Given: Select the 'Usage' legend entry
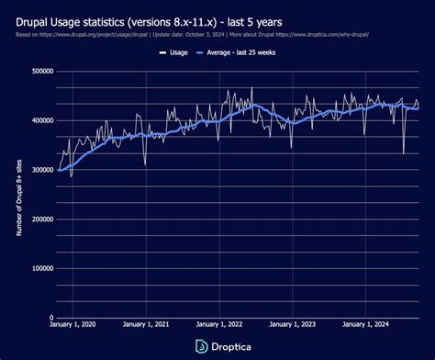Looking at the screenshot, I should (176, 52).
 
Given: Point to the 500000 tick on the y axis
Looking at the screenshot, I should (39, 72).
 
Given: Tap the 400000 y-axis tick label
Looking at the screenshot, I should (39, 121).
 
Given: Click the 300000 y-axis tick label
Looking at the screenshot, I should (39, 170).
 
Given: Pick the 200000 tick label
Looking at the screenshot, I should (39, 219).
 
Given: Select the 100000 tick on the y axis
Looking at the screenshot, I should (39, 269).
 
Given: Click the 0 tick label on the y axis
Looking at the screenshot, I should (50, 318).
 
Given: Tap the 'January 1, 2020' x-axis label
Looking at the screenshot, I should (72, 326).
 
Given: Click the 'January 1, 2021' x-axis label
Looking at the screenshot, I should (145, 326).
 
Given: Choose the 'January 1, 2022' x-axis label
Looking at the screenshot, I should (218, 326).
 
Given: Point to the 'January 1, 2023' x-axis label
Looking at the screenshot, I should (291, 326).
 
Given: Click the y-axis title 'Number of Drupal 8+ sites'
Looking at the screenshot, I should (19, 195).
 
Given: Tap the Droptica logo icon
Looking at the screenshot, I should (201, 345).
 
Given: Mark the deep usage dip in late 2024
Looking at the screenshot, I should (403, 152).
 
